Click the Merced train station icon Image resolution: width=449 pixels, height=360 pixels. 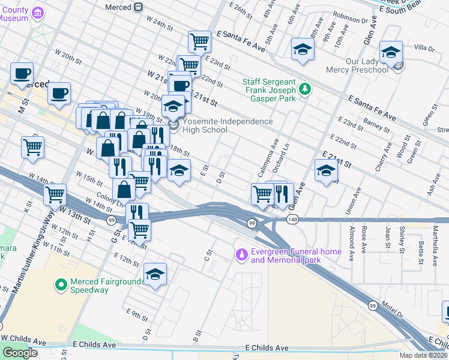(139, 7)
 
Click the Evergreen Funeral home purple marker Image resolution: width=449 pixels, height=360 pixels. (242, 256)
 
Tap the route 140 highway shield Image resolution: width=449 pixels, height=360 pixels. (292, 221)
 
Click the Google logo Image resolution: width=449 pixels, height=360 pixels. (20, 353)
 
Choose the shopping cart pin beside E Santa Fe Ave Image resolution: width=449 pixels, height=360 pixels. (199, 42)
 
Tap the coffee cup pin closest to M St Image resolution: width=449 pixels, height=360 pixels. (22, 74)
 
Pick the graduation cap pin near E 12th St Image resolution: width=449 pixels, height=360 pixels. (155, 275)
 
